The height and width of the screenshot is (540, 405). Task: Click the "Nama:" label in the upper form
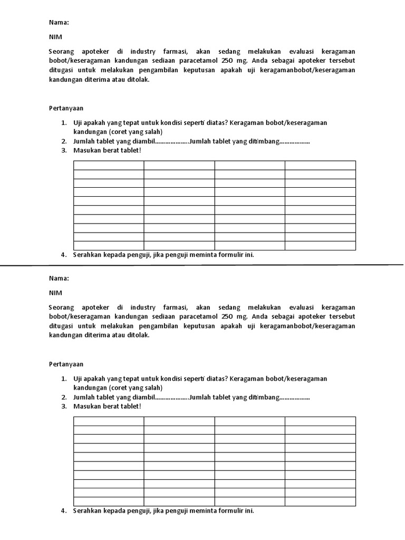pyautogui.click(x=59, y=23)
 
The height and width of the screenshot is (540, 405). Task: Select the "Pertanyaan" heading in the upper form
pyautogui.click(x=66, y=108)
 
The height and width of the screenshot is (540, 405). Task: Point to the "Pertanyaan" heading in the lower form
pyautogui.click(x=66, y=364)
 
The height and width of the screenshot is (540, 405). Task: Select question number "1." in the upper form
pyautogui.click(x=63, y=122)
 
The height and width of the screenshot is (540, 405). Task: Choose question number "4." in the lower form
pyautogui.click(x=63, y=510)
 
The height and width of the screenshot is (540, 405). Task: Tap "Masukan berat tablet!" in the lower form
pyautogui.click(x=107, y=407)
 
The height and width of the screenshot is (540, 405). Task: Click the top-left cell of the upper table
pyautogui.click(x=109, y=165)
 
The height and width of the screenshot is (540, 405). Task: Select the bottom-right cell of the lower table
pyautogui.click(x=320, y=501)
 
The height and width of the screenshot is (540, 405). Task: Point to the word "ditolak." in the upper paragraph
pyautogui.click(x=138, y=79)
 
